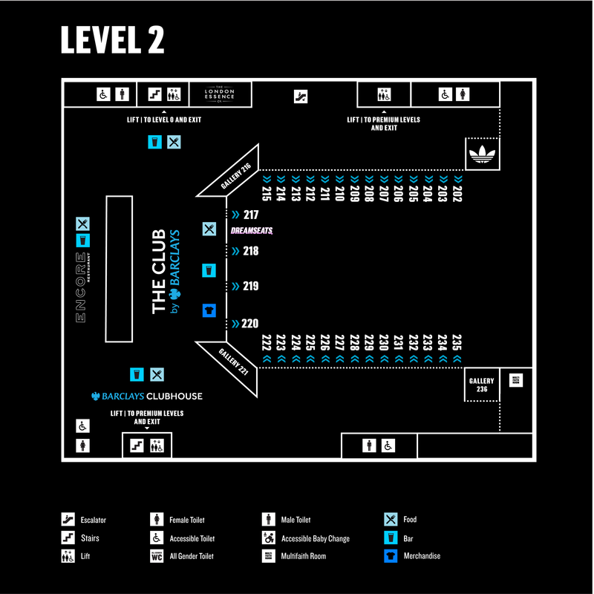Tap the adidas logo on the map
[x=484, y=155]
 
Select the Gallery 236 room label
[x=481, y=385]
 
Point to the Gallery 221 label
[x=235, y=362]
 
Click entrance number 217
[x=250, y=215]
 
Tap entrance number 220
[x=250, y=324]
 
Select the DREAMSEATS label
[x=252, y=231]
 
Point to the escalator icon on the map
[x=301, y=97]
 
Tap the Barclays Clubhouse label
[x=146, y=396]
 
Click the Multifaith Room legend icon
[x=268, y=555]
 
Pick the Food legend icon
[x=390, y=520]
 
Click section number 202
[x=457, y=195]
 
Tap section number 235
[x=457, y=342]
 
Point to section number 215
[x=267, y=195]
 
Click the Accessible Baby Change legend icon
[x=268, y=538]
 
